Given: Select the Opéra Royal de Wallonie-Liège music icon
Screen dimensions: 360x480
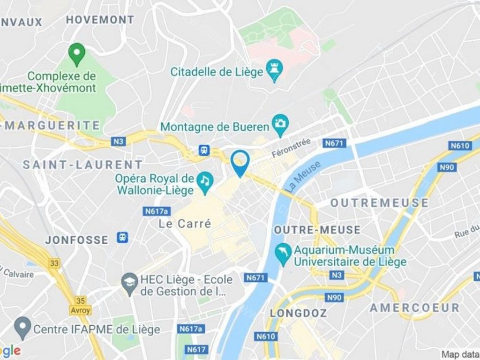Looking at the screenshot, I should point(205,180).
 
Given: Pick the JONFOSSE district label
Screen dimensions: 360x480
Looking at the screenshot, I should point(76,240).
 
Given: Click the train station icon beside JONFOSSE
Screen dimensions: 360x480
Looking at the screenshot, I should point(123,237).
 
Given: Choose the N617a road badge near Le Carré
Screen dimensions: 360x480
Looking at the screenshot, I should point(157,211).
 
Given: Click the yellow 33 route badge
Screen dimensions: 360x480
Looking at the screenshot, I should point(54,263).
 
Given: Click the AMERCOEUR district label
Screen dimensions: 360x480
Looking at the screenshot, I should point(414,308).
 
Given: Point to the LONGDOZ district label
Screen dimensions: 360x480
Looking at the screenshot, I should point(298,313).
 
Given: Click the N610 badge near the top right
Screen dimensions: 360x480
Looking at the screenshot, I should point(459,145).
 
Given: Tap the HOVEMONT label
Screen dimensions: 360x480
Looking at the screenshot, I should point(100,20).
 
